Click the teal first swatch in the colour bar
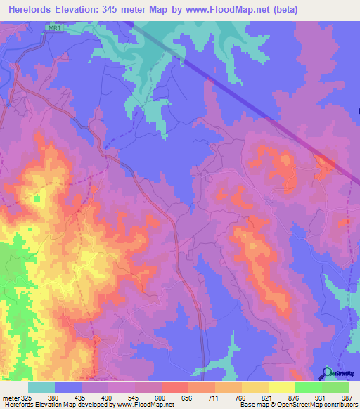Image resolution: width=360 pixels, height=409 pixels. (41, 387)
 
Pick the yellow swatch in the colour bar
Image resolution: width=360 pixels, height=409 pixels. (282, 387)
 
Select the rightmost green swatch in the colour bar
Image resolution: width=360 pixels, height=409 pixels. (335, 387)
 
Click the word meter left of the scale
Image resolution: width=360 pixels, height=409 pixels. (10, 397)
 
